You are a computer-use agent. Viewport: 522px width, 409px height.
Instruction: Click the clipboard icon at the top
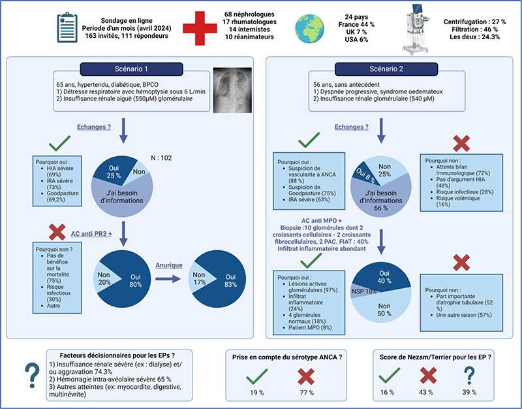(x=67, y=27)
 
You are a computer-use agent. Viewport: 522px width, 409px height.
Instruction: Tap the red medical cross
(x=200, y=28)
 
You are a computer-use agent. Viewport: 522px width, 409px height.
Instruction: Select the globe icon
(x=309, y=28)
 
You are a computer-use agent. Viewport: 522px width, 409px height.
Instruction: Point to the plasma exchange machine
(x=416, y=29)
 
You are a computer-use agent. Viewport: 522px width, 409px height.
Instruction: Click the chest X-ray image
(x=232, y=90)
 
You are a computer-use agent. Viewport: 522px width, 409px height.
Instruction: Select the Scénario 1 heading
(x=132, y=69)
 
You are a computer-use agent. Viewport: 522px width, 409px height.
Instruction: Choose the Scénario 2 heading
(x=386, y=69)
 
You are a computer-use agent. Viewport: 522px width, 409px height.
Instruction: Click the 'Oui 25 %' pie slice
(x=112, y=171)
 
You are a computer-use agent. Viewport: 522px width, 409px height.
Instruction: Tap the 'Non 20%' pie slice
(x=106, y=278)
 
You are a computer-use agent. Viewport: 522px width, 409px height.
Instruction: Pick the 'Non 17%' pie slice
(x=202, y=278)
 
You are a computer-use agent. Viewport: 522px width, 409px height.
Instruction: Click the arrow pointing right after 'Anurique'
(x=168, y=279)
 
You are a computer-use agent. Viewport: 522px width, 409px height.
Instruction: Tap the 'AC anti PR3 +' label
(x=91, y=234)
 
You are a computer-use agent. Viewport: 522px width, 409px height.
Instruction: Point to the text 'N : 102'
(x=161, y=158)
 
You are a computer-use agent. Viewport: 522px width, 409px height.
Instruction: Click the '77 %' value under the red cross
(x=307, y=393)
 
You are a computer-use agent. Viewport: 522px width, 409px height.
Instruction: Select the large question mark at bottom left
(x=32, y=375)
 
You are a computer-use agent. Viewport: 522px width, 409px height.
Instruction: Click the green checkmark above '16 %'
(x=389, y=375)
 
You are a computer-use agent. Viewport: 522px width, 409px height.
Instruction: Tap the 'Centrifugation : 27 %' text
(x=475, y=22)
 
